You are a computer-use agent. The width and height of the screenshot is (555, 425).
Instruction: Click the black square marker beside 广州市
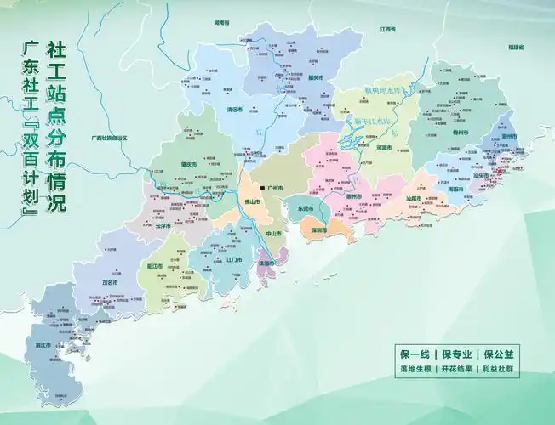[261, 187]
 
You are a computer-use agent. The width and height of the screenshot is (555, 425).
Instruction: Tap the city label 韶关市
[315, 78]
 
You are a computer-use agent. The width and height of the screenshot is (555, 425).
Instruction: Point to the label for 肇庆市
[188, 164]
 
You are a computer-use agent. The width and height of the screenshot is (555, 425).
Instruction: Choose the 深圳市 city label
[321, 230]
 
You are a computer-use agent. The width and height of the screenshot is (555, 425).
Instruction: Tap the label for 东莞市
[306, 208]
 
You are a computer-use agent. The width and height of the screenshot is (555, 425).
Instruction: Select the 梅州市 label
[461, 133]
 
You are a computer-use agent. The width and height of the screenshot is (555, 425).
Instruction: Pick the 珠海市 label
[266, 263]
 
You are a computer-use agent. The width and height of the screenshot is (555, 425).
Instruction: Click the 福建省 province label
[513, 46]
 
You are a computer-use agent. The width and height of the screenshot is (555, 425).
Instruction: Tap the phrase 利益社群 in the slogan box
[502, 370]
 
